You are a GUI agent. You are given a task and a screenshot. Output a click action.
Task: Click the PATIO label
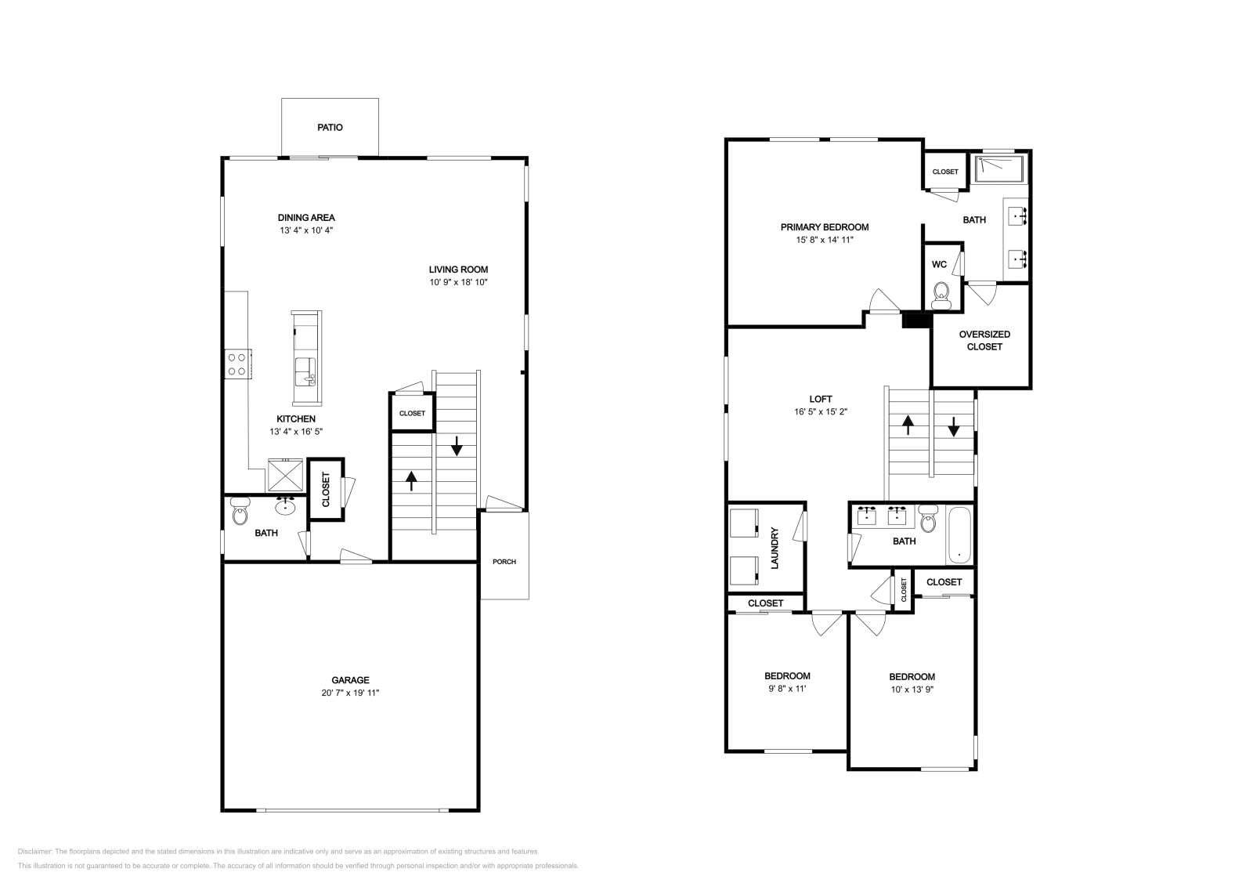[x=330, y=128]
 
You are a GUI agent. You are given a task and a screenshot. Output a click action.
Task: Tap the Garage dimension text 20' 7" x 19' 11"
[x=350, y=693]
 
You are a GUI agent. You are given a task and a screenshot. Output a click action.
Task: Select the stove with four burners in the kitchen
[x=238, y=364]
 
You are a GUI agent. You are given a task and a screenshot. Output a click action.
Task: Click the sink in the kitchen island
[x=305, y=371]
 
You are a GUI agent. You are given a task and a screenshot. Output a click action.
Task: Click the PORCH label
[x=504, y=562]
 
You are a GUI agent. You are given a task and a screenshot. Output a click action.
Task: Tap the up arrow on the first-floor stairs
[x=412, y=481]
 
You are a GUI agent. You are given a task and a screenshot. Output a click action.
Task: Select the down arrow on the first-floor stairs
[x=457, y=445]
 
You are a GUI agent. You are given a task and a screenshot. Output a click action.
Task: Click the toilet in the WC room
[x=941, y=295]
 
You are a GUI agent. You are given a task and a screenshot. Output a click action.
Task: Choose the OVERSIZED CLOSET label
[x=984, y=340]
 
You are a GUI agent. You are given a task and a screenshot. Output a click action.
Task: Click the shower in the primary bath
[x=999, y=169]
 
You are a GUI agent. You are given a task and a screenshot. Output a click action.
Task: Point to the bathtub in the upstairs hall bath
[x=959, y=535]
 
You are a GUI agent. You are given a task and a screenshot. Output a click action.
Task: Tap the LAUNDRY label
[x=775, y=548]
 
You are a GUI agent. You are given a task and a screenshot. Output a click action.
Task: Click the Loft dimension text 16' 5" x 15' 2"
[x=821, y=412]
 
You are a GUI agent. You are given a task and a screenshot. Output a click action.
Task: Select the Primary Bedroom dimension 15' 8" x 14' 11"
[x=825, y=240]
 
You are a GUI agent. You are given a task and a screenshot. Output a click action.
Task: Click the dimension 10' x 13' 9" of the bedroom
[x=912, y=690]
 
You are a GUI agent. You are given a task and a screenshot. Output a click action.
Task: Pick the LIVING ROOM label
[x=459, y=270]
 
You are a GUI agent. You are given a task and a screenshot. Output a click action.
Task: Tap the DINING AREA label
[x=306, y=218]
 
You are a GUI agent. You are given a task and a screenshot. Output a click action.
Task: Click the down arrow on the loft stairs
[x=954, y=427]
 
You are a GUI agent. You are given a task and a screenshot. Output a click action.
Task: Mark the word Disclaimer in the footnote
[x=34, y=851]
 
